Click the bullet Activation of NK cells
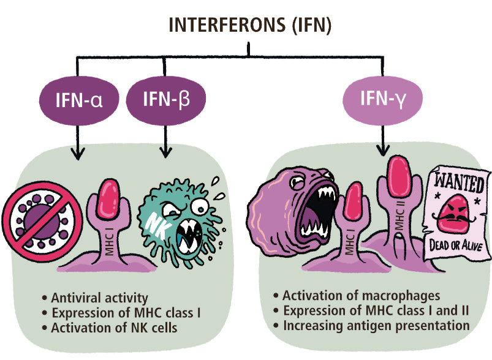pyautogui.click(x=113, y=328)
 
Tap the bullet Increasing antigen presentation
pyautogui.click(x=374, y=325)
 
